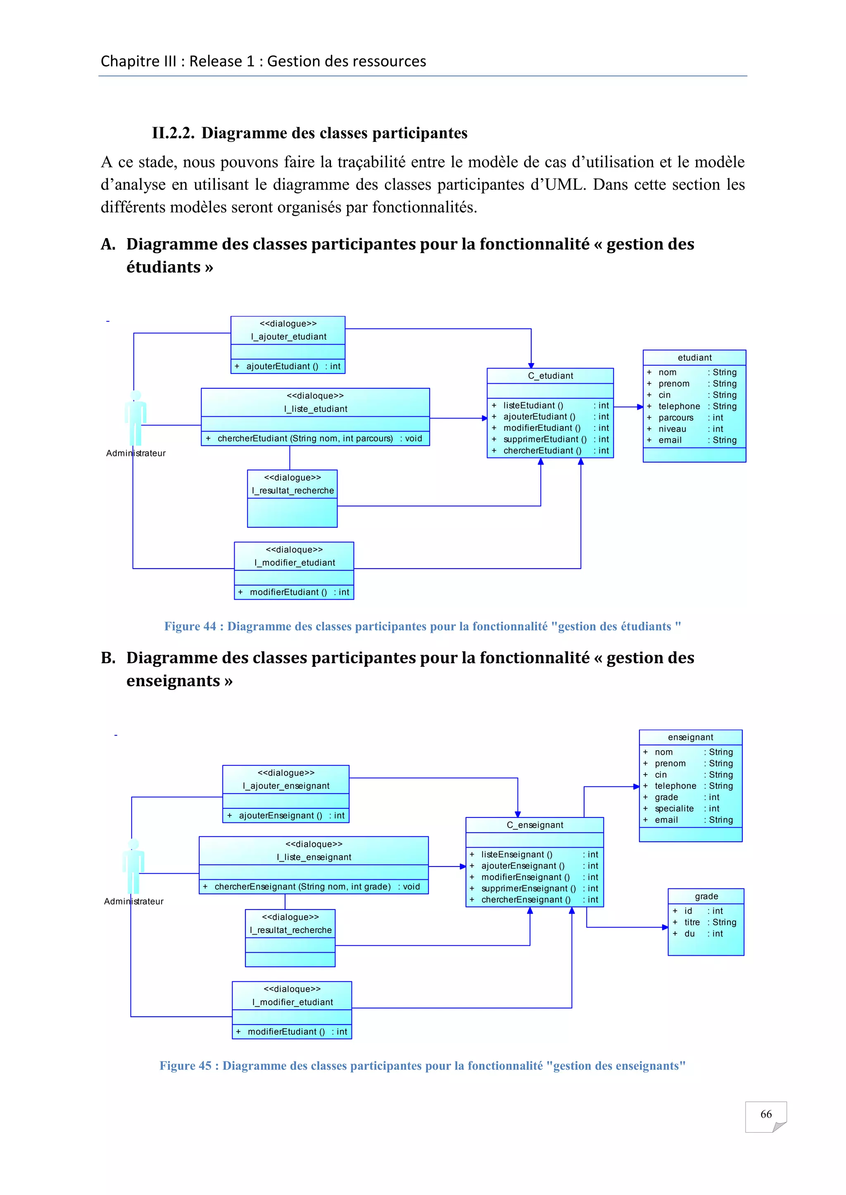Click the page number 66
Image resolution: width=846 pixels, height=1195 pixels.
766,1114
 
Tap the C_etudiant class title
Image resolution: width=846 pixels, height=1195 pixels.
550,376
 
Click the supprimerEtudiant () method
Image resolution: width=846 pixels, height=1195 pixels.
544,439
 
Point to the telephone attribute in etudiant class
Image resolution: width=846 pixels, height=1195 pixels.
679,406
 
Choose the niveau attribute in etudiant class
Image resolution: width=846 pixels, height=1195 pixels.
672,429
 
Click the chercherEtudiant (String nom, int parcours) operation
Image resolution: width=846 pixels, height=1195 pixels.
305,438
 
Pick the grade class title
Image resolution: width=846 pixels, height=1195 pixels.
706,896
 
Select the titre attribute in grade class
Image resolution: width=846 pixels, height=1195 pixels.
692,922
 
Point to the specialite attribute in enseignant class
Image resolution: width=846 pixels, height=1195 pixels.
674,808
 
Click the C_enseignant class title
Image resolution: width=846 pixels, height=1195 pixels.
535,825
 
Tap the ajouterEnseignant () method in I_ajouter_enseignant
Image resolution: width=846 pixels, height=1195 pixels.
280,815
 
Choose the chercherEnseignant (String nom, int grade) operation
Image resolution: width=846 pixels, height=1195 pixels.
302,886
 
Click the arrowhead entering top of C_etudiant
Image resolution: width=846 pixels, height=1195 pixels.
531,365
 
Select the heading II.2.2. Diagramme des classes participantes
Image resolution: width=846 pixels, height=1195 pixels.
309,133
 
